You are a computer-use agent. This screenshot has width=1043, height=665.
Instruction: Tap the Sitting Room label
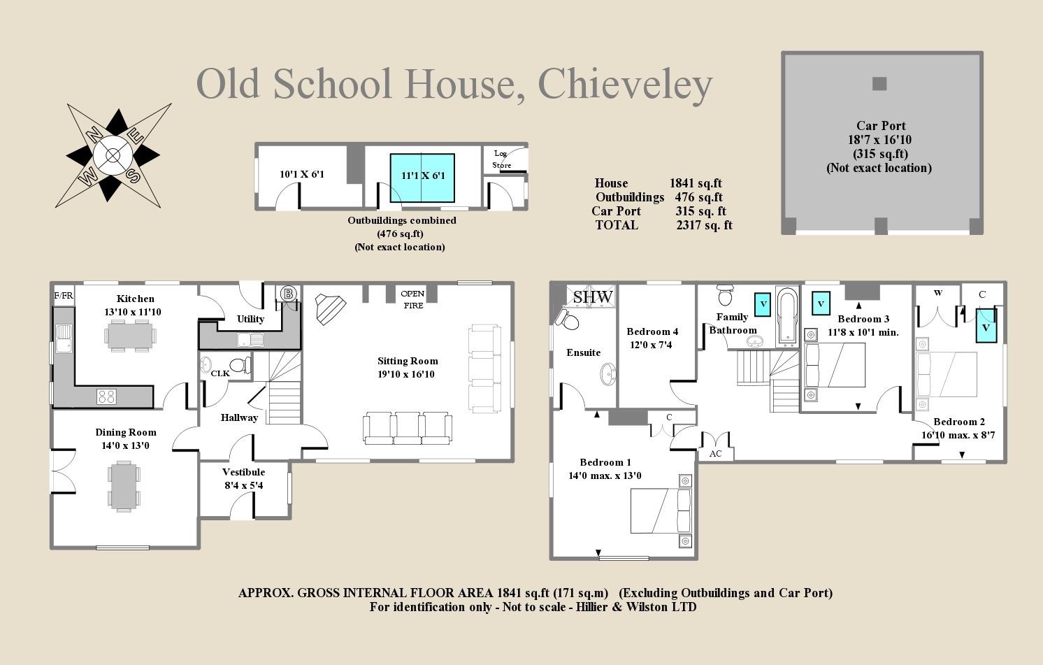(x=408, y=362)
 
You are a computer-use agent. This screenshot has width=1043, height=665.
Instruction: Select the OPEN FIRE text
(x=412, y=299)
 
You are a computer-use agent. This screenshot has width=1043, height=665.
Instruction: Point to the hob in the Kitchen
(x=106, y=396)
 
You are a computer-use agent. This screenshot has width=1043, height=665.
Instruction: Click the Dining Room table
(x=124, y=487)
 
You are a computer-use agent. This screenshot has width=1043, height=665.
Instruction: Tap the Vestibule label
(x=243, y=472)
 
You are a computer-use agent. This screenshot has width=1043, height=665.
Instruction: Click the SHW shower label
(x=592, y=296)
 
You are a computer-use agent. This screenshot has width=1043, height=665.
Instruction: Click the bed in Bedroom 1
(x=660, y=510)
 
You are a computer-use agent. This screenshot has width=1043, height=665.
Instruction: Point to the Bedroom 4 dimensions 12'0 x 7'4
(x=649, y=345)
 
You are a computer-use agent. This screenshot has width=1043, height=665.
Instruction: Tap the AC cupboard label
(x=715, y=454)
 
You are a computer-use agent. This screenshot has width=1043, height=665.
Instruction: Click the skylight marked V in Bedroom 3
(x=821, y=303)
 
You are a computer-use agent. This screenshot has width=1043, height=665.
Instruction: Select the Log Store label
(x=501, y=159)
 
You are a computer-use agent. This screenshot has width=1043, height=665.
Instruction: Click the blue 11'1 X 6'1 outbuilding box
(x=422, y=178)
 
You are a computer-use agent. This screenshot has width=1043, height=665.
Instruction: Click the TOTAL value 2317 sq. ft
(x=704, y=225)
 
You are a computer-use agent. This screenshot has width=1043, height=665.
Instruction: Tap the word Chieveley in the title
(x=625, y=84)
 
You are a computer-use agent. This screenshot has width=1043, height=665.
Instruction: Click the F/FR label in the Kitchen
(x=64, y=296)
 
